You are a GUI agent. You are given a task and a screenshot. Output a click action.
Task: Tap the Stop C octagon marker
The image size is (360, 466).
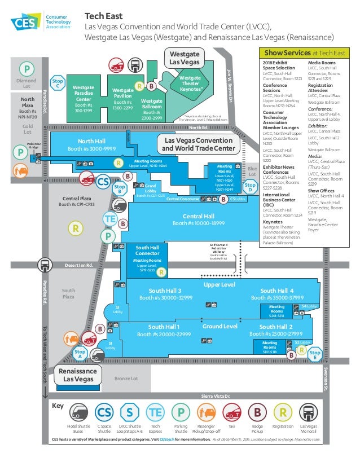(x=57, y=83)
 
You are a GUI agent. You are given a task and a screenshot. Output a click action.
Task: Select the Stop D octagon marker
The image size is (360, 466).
(x=251, y=187)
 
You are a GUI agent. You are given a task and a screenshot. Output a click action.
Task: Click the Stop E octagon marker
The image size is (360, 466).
(x=315, y=354)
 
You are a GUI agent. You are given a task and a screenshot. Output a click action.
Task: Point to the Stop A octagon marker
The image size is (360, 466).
(x=80, y=354)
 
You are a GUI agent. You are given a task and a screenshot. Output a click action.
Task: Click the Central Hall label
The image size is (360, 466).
(x=198, y=220)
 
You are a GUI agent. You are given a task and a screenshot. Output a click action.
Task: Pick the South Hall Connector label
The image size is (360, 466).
(x=147, y=250)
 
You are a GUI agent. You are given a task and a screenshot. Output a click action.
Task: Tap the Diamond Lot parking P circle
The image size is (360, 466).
(x=26, y=70)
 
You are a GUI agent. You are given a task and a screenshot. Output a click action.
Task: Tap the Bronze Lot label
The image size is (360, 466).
(x=126, y=379)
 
